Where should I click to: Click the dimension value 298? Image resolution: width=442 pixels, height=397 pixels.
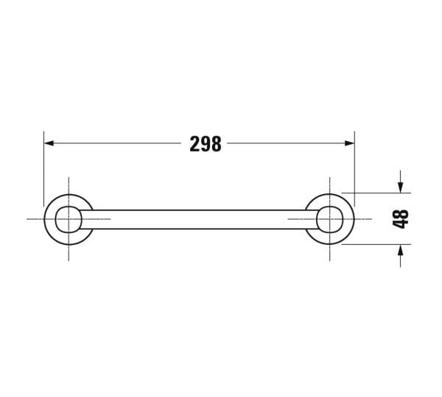(206, 144)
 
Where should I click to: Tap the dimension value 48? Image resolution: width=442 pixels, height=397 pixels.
(401, 218)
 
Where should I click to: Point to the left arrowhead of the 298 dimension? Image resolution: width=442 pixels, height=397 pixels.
(49, 144)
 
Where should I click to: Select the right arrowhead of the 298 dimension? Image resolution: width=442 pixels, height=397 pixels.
(350, 144)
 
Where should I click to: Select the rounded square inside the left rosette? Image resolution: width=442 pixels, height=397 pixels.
(68, 219)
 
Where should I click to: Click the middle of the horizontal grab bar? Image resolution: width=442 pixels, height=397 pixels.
(199, 219)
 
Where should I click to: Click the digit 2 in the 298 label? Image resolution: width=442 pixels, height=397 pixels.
(194, 144)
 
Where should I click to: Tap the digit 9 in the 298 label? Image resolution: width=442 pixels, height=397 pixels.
(206, 144)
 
